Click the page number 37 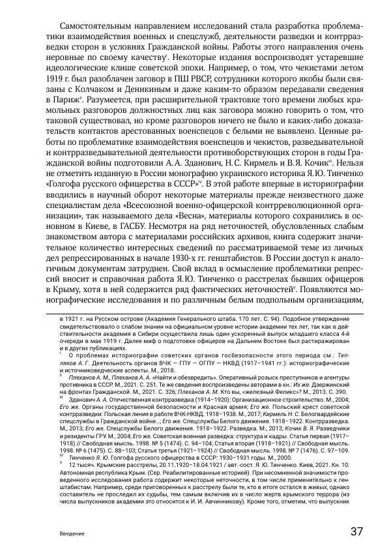point(356,530)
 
